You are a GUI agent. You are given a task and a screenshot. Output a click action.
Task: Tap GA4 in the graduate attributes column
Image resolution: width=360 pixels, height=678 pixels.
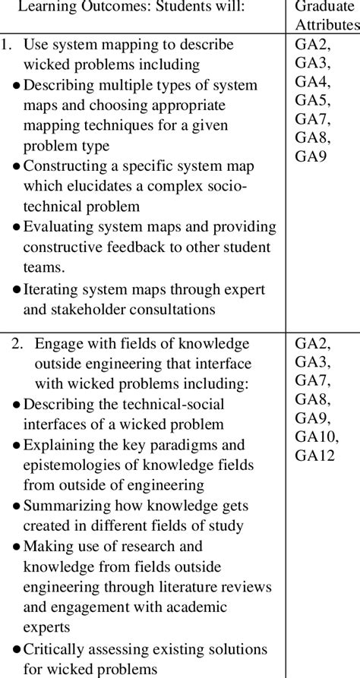click(x=312, y=82)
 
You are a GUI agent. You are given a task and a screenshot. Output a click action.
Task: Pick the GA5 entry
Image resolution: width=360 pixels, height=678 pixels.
click(x=312, y=100)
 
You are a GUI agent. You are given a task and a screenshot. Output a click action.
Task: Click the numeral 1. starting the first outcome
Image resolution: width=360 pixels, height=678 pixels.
click(x=8, y=46)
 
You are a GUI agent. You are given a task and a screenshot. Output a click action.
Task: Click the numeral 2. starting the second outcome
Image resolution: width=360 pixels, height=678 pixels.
click(x=17, y=343)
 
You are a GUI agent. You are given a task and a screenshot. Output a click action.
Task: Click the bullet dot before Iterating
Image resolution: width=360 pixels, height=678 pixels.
click(x=17, y=289)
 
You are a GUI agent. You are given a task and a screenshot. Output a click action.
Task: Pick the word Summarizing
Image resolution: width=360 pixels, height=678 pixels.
click(x=68, y=505)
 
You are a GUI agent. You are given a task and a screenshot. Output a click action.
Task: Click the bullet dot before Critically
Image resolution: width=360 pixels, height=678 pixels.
click(x=17, y=649)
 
